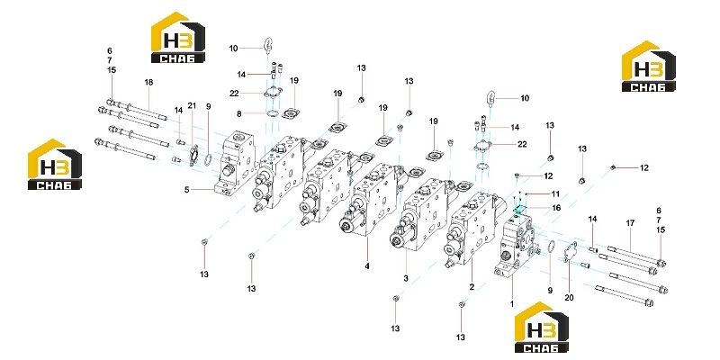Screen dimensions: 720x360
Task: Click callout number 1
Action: (x=512, y=304)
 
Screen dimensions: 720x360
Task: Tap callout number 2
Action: (x=472, y=287)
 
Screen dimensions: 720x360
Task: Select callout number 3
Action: (x=406, y=278)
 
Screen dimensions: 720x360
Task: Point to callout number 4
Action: (x=367, y=265)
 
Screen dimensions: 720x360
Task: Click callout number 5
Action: (x=187, y=189)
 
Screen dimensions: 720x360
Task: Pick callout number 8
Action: (x=239, y=113)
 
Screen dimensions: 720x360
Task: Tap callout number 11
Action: (x=555, y=193)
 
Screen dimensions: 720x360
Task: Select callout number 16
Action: (x=556, y=208)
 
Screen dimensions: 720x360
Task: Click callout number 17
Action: (x=630, y=223)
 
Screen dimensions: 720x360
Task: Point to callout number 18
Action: (x=148, y=82)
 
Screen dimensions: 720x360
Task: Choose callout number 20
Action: (x=569, y=298)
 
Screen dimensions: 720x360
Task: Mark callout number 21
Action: (x=192, y=105)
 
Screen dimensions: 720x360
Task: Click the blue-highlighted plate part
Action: (x=520, y=209)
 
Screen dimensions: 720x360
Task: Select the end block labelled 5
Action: (x=235, y=163)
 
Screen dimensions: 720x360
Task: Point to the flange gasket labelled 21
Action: (x=193, y=154)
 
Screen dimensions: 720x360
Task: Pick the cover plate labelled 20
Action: (x=570, y=252)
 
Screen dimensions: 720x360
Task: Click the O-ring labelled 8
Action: (x=272, y=113)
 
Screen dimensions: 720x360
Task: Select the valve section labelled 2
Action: (x=473, y=229)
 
